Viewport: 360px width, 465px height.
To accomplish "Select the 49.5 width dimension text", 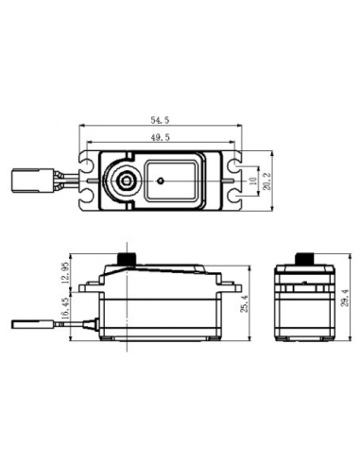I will coord(160,138).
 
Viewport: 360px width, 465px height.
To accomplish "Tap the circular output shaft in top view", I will coord(124,180).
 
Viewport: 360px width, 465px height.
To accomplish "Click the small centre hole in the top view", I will coord(163,179).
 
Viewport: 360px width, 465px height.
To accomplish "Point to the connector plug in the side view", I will coord(28,325).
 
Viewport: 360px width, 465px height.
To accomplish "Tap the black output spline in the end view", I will coord(303,258).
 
